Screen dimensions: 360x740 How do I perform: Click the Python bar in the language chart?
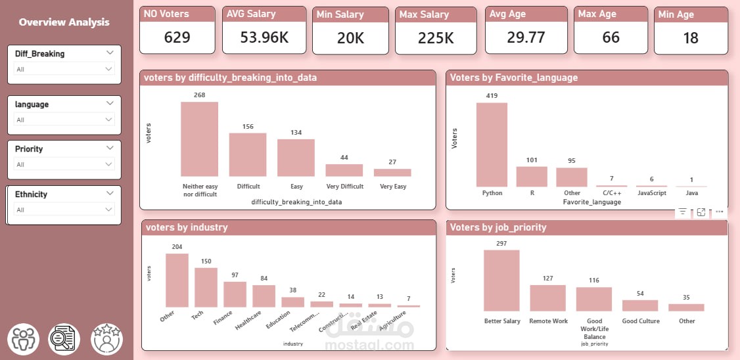(492, 145)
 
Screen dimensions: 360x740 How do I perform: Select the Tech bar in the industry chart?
(206, 287)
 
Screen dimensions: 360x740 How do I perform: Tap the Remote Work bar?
(547, 298)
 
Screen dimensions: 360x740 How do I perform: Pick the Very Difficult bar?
(344, 170)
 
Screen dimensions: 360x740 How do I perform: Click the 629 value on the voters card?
(177, 37)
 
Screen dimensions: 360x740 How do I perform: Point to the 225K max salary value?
(436, 38)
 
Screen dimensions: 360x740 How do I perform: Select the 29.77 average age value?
(526, 37)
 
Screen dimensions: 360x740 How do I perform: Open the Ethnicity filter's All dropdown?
(108, 210)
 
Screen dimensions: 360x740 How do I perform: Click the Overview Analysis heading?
(64, 22)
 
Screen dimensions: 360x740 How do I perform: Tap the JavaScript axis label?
(653, 193)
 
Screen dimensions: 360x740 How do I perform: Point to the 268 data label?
(200, 95)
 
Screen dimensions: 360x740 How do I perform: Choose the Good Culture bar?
(640, 305)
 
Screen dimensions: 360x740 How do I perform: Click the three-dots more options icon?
(720, 212)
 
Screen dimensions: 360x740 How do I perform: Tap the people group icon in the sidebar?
(23, 340)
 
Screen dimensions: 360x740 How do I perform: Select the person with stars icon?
(106, 340)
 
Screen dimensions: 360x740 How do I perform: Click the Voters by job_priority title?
(498, 227)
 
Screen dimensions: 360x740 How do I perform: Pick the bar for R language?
(532, 177)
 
